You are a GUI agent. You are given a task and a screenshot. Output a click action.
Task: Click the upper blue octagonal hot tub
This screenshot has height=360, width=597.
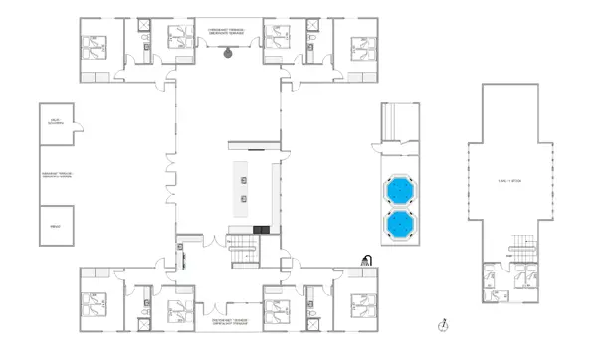401,188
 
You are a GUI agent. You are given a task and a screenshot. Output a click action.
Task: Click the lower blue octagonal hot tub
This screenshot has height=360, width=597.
401,224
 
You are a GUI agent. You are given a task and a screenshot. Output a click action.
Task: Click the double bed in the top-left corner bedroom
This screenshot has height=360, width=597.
96,45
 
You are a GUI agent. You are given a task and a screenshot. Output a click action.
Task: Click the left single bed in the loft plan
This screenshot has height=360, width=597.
490,281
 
